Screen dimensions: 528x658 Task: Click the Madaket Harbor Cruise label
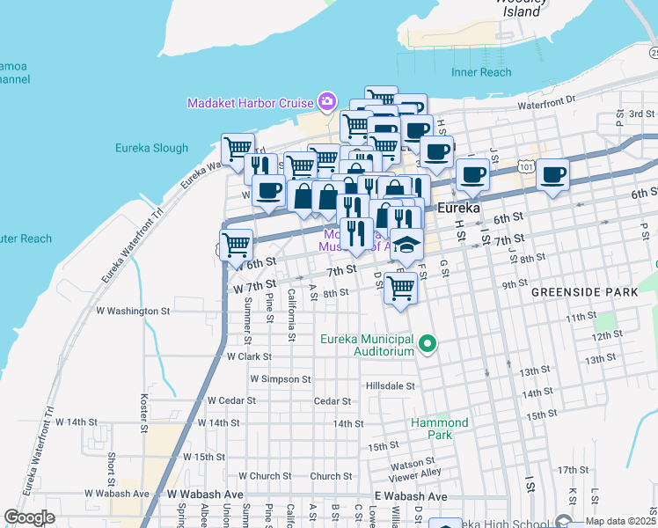point(251,103)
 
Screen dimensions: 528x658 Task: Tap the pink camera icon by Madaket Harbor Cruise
point(327,102)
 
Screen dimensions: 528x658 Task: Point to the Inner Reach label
point(480,72)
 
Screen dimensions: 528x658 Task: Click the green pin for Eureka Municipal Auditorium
point(428,343)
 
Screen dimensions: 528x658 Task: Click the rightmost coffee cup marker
point(552,173)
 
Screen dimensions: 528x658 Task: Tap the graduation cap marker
point(406,244)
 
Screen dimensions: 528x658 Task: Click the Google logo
point(30,517)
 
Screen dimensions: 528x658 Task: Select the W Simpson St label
point(281,378)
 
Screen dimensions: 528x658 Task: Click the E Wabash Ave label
point(410,496)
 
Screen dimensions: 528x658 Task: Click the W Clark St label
point(249,357)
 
